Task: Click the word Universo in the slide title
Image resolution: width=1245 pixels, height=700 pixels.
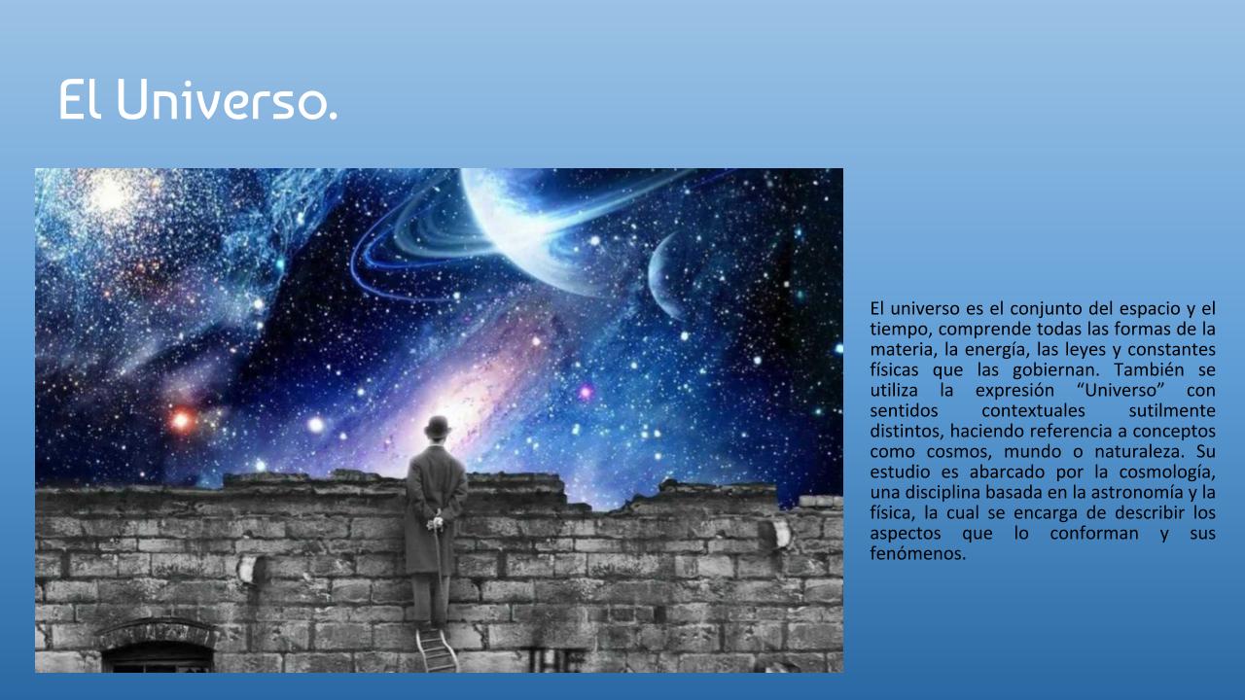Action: click(227, 99)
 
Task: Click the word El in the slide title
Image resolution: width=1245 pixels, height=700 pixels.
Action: click(80, 99)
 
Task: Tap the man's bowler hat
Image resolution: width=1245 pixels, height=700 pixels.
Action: click(438, 427)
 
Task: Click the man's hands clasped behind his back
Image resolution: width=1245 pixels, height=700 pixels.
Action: click(435, 522)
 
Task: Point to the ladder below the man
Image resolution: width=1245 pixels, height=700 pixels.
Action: click(437, 648)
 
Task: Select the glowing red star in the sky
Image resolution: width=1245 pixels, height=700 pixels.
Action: click(181, 421)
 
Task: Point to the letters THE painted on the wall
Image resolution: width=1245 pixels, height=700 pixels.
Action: click(554, 659)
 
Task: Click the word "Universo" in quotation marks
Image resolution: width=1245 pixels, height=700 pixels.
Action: click(1120, 390)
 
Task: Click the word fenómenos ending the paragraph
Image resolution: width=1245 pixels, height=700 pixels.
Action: click(917, 553)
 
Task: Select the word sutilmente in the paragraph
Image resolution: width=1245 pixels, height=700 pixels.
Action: click(1172, 410)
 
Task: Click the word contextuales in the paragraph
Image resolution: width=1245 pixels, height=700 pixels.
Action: click(1033, 410)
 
